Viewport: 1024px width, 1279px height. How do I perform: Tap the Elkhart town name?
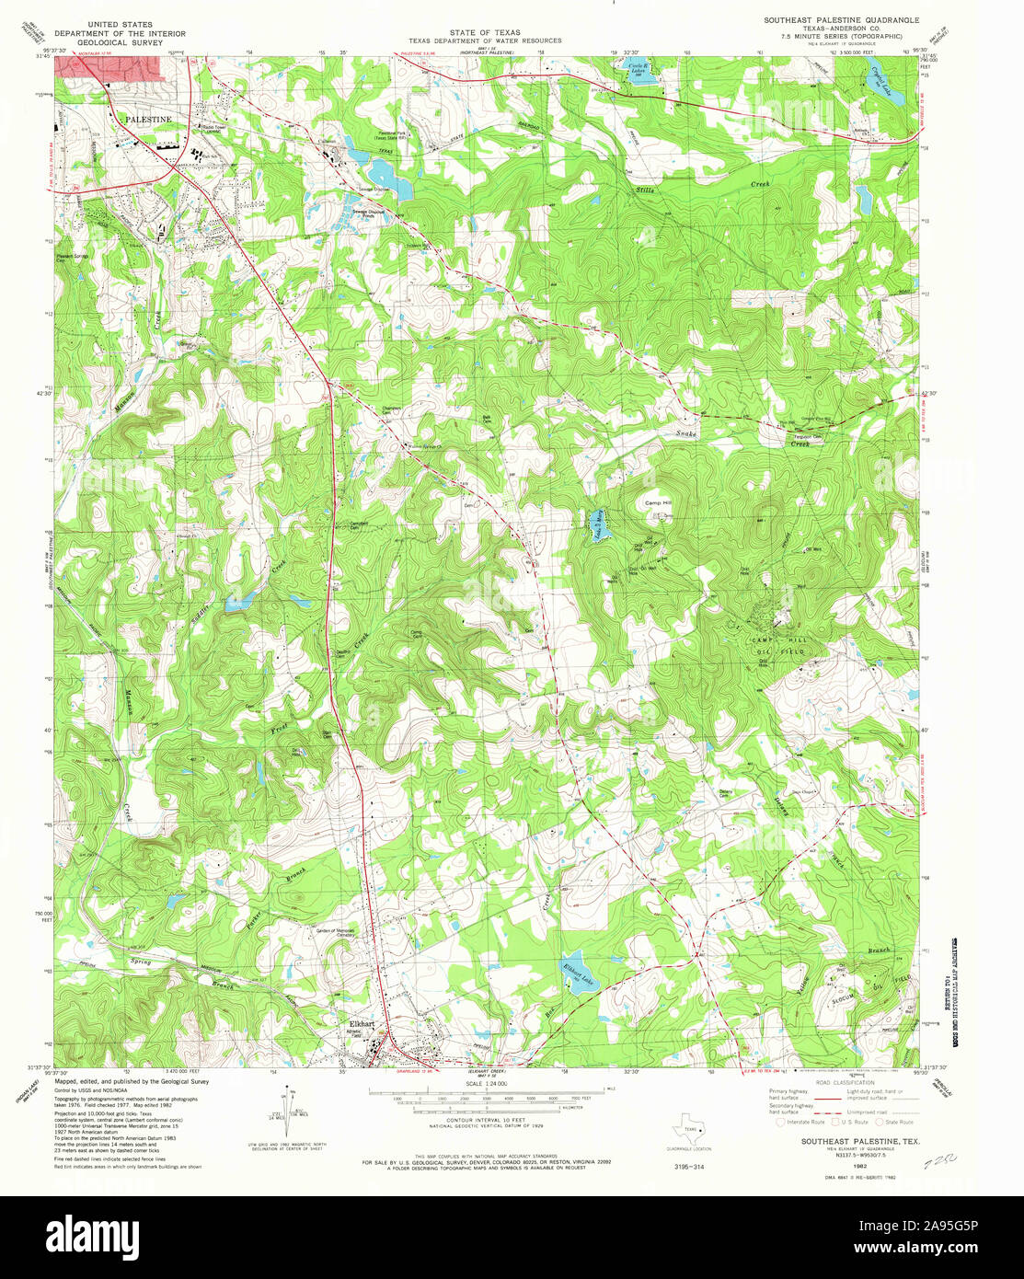pos(362,1023)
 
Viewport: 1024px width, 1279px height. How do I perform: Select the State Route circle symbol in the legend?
pos(879,1122)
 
